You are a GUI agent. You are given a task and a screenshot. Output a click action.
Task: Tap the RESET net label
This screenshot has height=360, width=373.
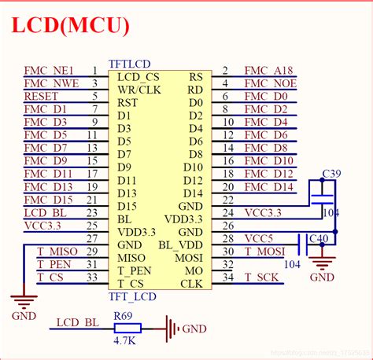coord(41,97)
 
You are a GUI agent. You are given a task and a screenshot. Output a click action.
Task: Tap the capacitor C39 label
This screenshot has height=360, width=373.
coord(331,174)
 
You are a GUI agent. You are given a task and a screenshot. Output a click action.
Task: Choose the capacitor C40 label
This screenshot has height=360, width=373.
coord(319,239)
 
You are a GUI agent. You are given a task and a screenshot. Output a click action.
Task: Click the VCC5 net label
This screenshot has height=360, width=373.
coord(259,238)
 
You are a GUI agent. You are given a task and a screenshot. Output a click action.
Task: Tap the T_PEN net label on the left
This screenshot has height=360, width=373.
coord(53,264)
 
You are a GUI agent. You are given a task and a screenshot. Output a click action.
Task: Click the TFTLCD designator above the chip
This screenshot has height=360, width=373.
coord(130,64)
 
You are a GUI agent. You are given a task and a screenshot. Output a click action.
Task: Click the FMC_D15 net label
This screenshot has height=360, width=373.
coord(49,200)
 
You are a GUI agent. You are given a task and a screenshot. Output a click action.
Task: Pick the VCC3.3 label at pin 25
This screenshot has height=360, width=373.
coord(43,226)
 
